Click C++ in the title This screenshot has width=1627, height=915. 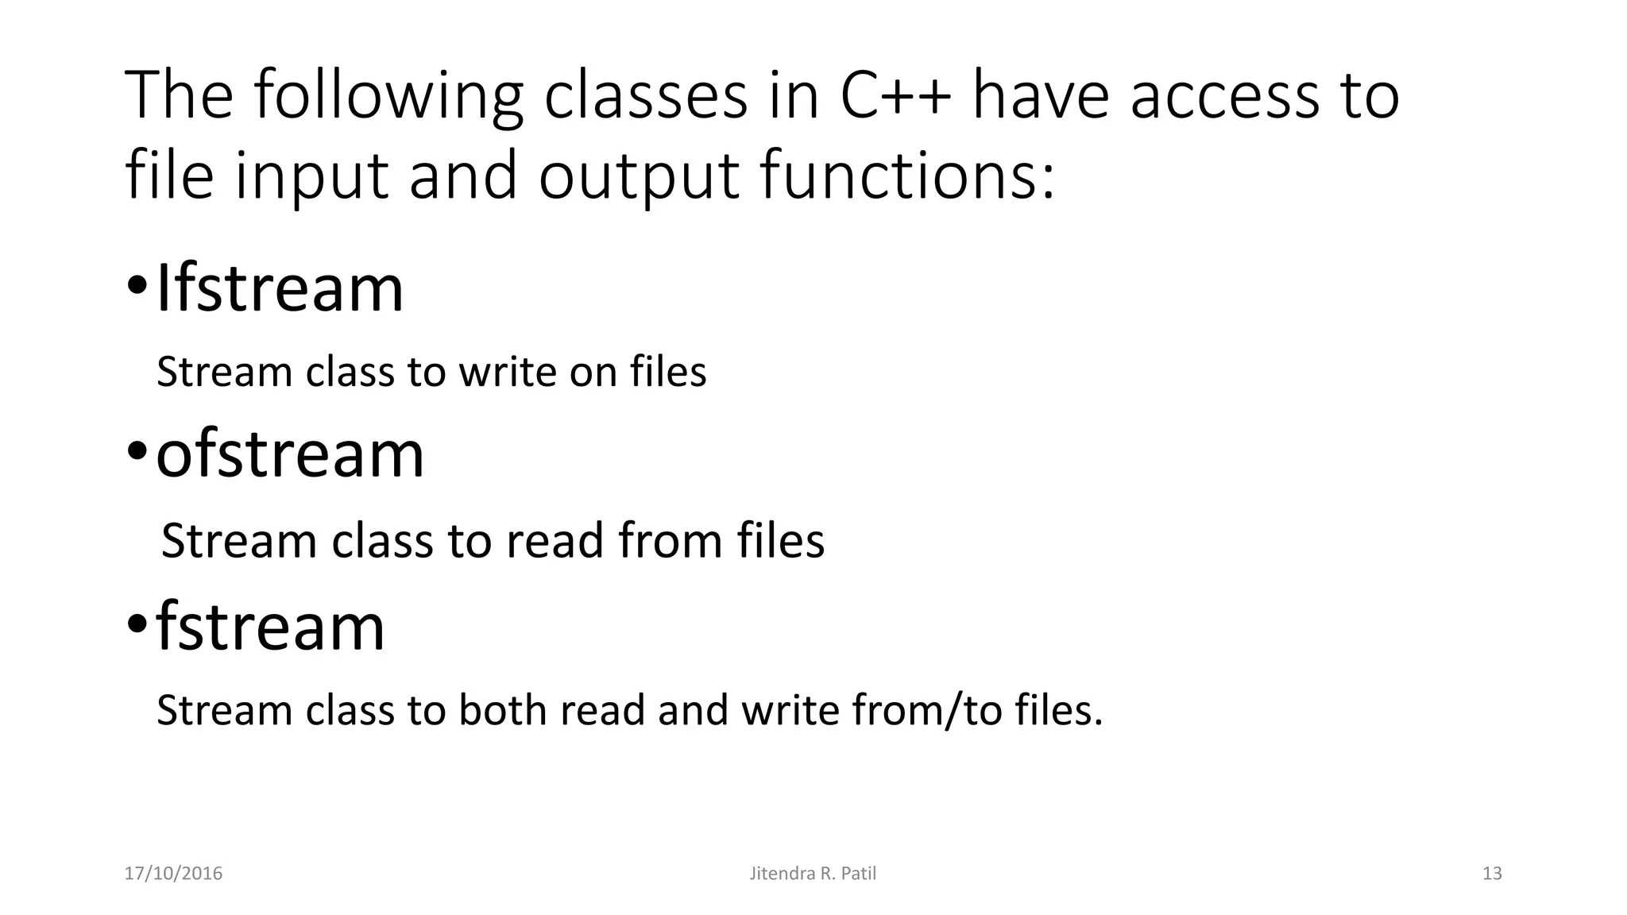(895, 95)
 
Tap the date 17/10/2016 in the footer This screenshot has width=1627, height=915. (174, 874)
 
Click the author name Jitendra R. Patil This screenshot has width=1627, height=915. (813, 874)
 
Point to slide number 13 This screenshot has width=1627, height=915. (1492, 874)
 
